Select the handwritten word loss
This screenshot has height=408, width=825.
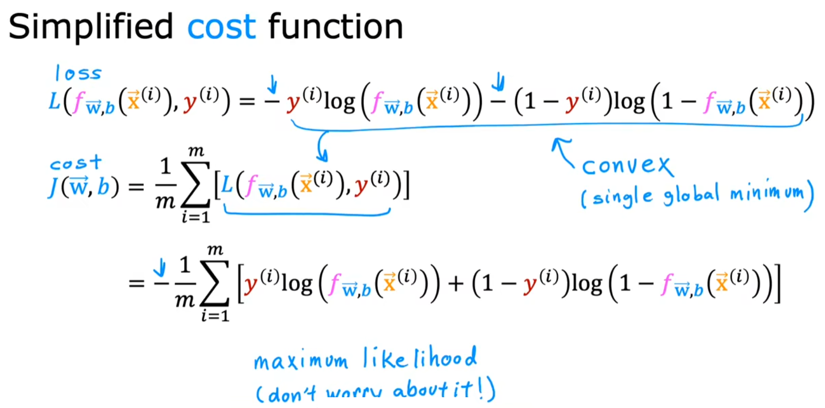(78, 74)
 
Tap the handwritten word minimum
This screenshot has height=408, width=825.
(767, 192)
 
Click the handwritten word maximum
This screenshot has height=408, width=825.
(301, 361)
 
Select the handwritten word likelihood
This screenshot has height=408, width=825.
(420, 358)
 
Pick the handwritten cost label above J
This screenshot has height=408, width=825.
(76, 163)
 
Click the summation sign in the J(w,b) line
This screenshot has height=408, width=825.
(195, 185)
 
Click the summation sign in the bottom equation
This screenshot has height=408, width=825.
(215, 283)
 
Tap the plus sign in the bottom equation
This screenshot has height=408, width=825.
(455, 284)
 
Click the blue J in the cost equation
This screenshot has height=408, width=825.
(53, 187)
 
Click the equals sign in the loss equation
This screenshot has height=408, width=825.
(247, 102)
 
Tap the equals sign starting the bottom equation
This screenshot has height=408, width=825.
(136, 283)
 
